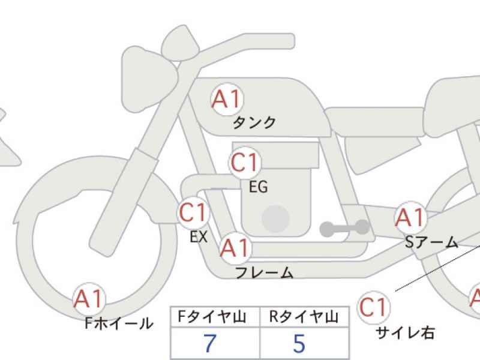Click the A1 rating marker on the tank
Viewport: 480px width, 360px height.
click(227, 99)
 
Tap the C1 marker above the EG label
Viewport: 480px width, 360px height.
click(245, 163)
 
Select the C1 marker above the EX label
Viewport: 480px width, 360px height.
click(193, 212)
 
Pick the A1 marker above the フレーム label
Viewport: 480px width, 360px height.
click(235, 248)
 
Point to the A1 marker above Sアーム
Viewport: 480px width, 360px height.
click(410, 218)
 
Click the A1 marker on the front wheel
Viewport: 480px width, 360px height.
click(89, 299)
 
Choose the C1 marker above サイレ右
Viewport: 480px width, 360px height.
click(374, 307)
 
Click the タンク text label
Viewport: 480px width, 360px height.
click(254, 123)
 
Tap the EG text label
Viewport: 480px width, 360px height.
click(259, 187)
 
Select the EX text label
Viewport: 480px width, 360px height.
click(199, 236)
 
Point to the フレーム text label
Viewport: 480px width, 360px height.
click(265, 272)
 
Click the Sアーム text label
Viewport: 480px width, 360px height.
click(431, 242)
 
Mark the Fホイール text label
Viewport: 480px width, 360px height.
click(119, 323)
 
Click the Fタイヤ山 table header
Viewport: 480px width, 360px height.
click(212, 317)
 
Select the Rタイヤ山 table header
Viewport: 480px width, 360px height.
click(304, 317)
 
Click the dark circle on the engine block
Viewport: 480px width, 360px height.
click(276, 219)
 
